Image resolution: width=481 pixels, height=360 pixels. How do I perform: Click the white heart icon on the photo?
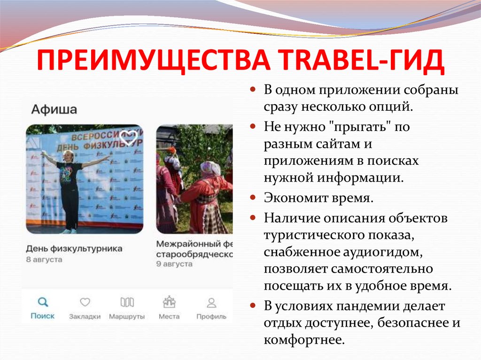129,138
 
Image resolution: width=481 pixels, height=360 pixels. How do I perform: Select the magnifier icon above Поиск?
43,302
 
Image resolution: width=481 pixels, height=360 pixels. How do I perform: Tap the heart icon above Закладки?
85,302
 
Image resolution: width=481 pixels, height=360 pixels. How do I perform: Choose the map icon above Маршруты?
127,302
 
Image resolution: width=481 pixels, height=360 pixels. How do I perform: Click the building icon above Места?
169,301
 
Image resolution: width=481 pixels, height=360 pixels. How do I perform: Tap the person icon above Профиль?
211,302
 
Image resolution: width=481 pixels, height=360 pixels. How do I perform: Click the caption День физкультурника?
74,248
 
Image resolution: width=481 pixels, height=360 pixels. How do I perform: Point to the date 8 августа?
44,259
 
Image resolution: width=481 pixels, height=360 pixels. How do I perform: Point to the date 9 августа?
174,264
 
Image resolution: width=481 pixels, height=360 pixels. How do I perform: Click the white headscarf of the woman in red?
210,168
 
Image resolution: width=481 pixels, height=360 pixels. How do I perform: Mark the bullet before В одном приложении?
253,89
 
